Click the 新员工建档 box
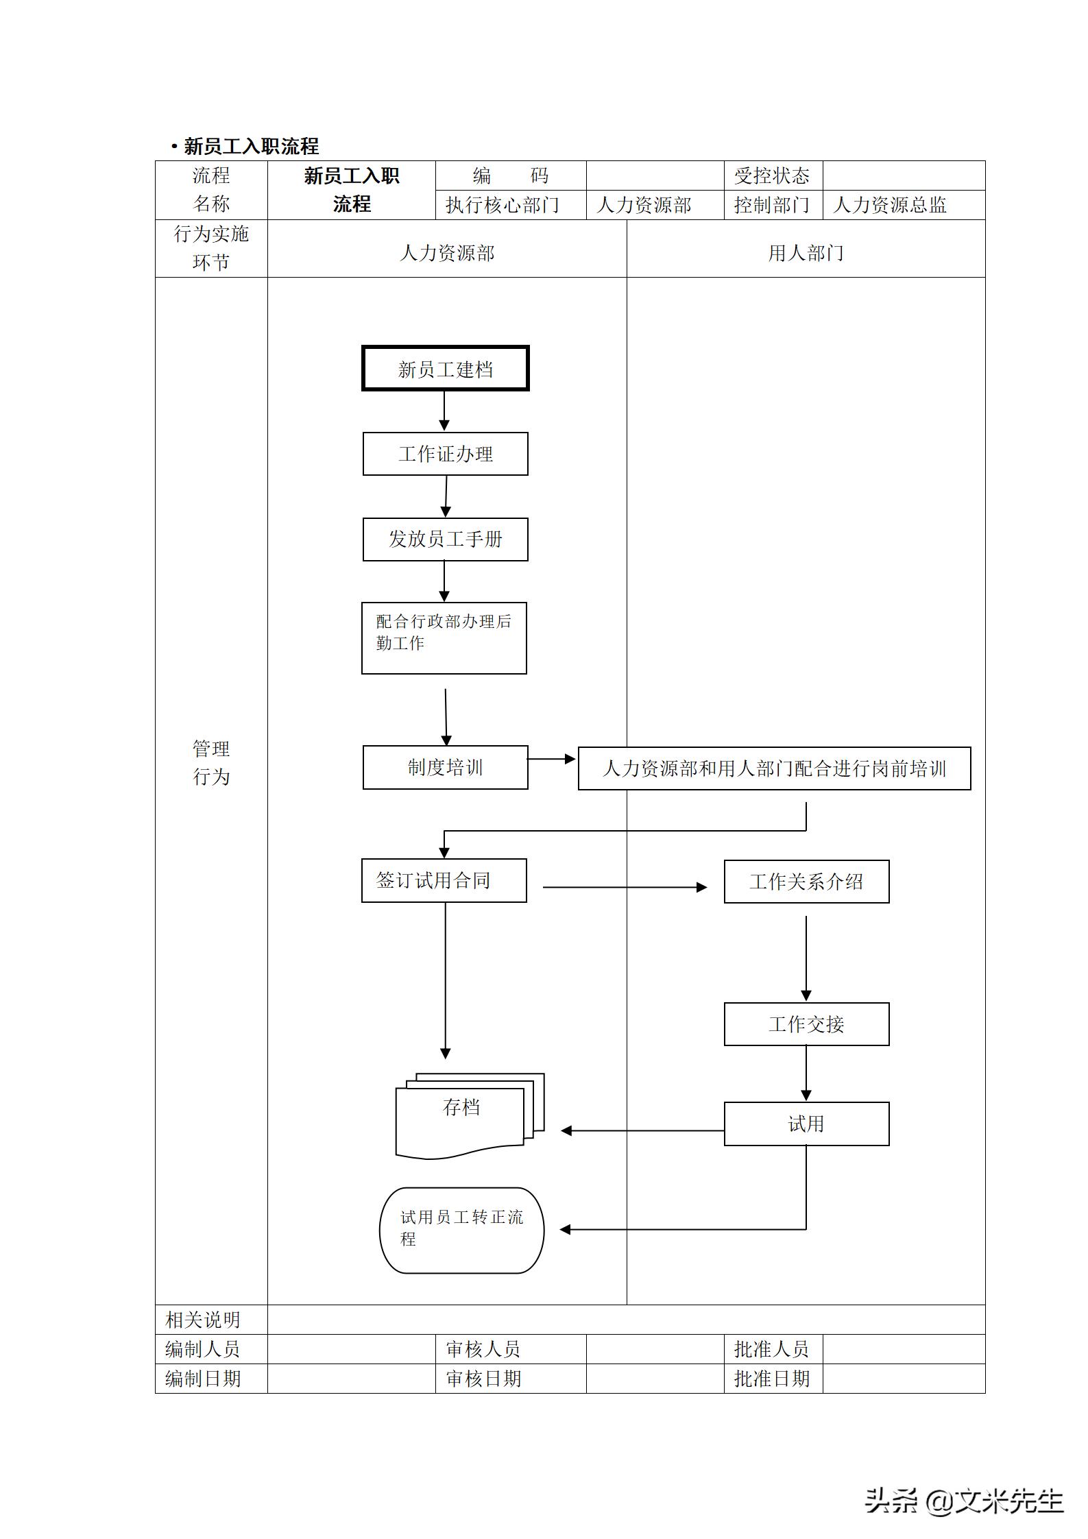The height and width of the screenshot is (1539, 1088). pos(445,369)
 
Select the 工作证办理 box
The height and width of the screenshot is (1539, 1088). pos(445,454)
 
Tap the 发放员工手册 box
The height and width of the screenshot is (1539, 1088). pos(445,540)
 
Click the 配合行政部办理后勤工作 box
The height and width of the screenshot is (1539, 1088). pos(444,638)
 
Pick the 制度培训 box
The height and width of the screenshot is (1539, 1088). pos(445,767)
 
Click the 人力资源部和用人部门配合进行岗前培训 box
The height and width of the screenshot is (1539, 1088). pos(774,768)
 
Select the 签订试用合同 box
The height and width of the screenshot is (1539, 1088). pos(444,880)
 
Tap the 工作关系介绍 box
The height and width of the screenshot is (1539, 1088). pos(806,882)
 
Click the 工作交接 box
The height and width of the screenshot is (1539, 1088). pos(806,1024)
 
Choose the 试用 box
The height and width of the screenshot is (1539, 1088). pos(806,1124)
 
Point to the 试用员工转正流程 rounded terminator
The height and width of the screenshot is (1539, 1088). pos(461,1231)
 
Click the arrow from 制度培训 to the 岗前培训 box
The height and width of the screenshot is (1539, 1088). pos(552,759)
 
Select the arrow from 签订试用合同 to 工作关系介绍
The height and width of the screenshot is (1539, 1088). pos(624,887)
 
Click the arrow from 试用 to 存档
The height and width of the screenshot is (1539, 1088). pos(641,1130)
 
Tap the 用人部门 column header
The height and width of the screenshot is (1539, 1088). pos(806,253)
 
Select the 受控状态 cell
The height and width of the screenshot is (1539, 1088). pos(773,176)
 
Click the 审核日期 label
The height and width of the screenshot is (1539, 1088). pos(483,1378)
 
